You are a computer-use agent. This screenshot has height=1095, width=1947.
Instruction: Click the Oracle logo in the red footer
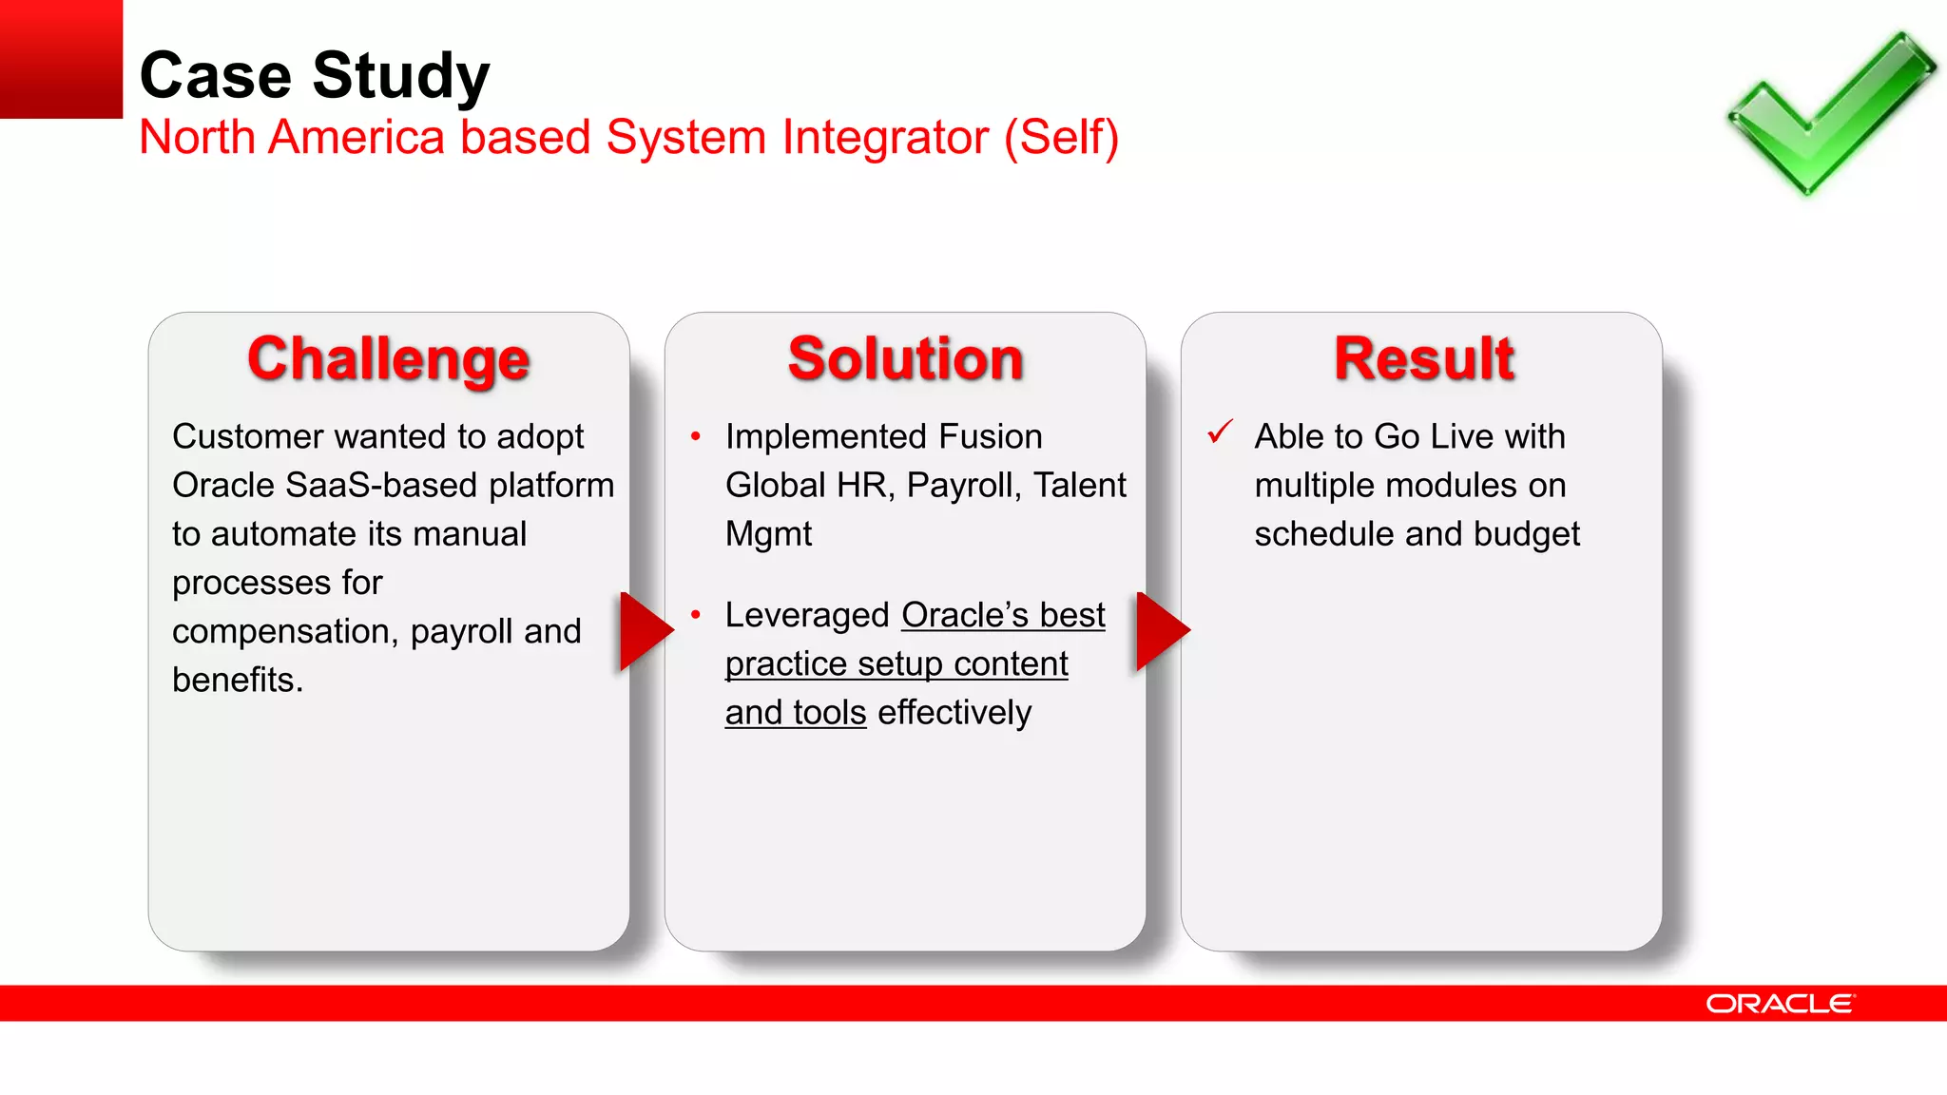tap(1780, 1004)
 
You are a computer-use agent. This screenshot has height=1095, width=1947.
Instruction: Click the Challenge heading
tap(388, 359)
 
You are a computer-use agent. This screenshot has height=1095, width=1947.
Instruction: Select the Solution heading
tap(905, 359)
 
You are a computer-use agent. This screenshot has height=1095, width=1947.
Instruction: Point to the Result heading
tap(1423, 359)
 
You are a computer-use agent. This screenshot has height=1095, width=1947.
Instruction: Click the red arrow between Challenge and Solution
tap(645, 630)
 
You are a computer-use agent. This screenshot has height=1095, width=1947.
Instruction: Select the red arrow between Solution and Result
tap(1161, 630)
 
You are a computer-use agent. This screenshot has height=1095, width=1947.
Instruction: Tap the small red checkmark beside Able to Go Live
tap(1220, 432)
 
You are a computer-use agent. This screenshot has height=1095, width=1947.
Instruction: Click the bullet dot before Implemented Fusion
tap(696, 436)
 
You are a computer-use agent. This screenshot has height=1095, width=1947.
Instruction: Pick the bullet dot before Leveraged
tap(696, 615)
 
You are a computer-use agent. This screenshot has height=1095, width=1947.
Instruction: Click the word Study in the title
tap(400, 76)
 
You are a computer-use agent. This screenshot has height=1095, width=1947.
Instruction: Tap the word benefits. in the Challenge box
tap(238, 681)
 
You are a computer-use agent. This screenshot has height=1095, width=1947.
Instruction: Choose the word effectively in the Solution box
tap(954, 713)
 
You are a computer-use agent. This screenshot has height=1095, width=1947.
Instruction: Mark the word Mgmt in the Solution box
tap(768, 534)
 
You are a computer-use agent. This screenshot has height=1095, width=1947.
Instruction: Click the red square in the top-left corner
tap(61, 59)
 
